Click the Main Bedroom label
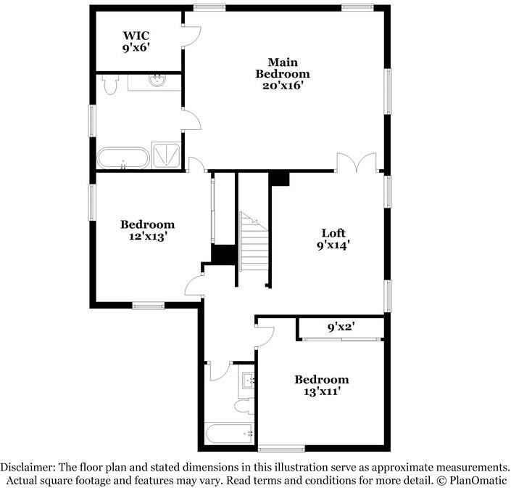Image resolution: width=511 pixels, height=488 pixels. tap(283, 68)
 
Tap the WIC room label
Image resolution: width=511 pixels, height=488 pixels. tap(136, 35)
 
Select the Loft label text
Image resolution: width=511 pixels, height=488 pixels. tap(334, 233)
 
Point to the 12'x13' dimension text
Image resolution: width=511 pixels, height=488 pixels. tap(148, 236)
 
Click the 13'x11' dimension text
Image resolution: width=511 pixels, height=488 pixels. tap(320, 391)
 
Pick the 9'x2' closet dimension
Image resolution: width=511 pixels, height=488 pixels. tap(339, 328)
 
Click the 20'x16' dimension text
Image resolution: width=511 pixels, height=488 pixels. tap(283, 85)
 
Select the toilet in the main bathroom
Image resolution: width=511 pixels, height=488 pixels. tap(109, 86)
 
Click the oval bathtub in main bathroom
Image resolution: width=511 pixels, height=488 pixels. tap(122, 158)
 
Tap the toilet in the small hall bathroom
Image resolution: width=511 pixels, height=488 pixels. tap(244, 405)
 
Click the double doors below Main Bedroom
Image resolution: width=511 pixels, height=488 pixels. tap(357, 163)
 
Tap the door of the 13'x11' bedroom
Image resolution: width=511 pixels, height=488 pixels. tap(265, 333)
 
